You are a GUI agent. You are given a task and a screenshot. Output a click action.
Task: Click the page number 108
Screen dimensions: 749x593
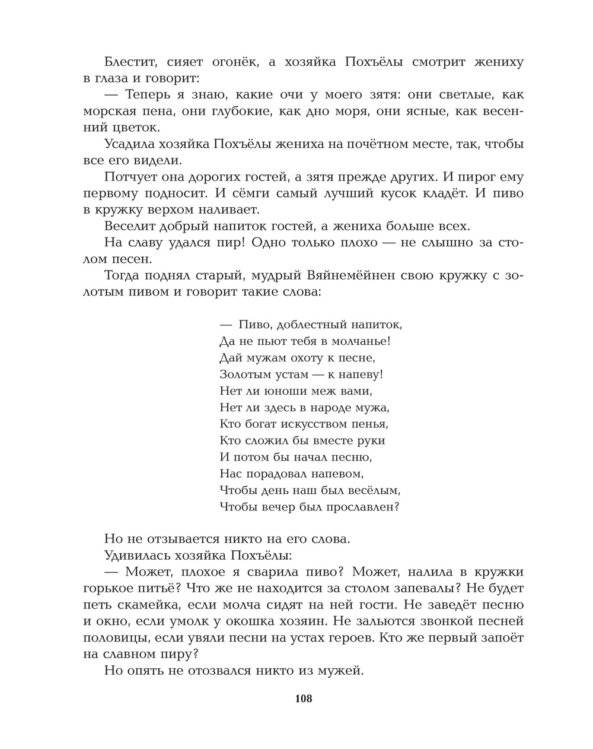tap(303, 698)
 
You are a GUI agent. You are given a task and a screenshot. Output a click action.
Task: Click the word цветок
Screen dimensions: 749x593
tap(136, 128)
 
